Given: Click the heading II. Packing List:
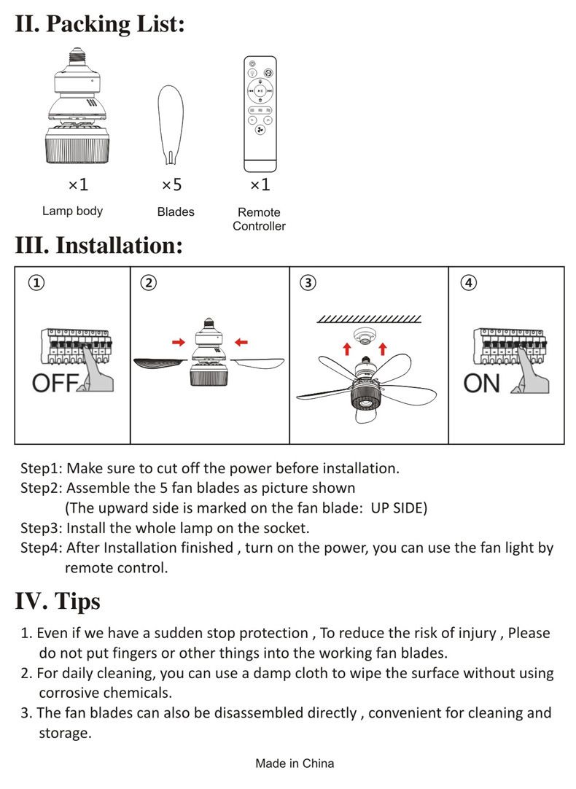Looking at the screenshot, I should point(100,23).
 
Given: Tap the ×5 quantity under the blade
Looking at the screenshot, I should point(171,185).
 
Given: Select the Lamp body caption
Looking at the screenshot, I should point(72,211).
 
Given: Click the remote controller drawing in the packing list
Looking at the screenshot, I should point(260,114).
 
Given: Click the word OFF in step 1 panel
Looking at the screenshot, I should point(55,383).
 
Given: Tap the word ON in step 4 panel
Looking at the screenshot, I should point(482,383).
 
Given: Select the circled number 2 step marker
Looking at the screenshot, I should point(148,282).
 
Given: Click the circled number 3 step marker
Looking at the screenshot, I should point(308,282).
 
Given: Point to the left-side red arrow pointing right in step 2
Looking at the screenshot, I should point(177,341).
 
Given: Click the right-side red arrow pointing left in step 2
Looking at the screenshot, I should point(241,341).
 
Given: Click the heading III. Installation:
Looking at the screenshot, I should point(98,246).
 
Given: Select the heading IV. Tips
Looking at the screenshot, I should point(58,602).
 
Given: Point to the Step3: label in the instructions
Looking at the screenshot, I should point(41,527).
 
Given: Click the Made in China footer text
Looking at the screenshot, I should point(295,763).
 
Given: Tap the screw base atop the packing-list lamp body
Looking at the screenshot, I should point(75,55).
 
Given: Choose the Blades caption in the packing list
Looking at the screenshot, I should point(176,211).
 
